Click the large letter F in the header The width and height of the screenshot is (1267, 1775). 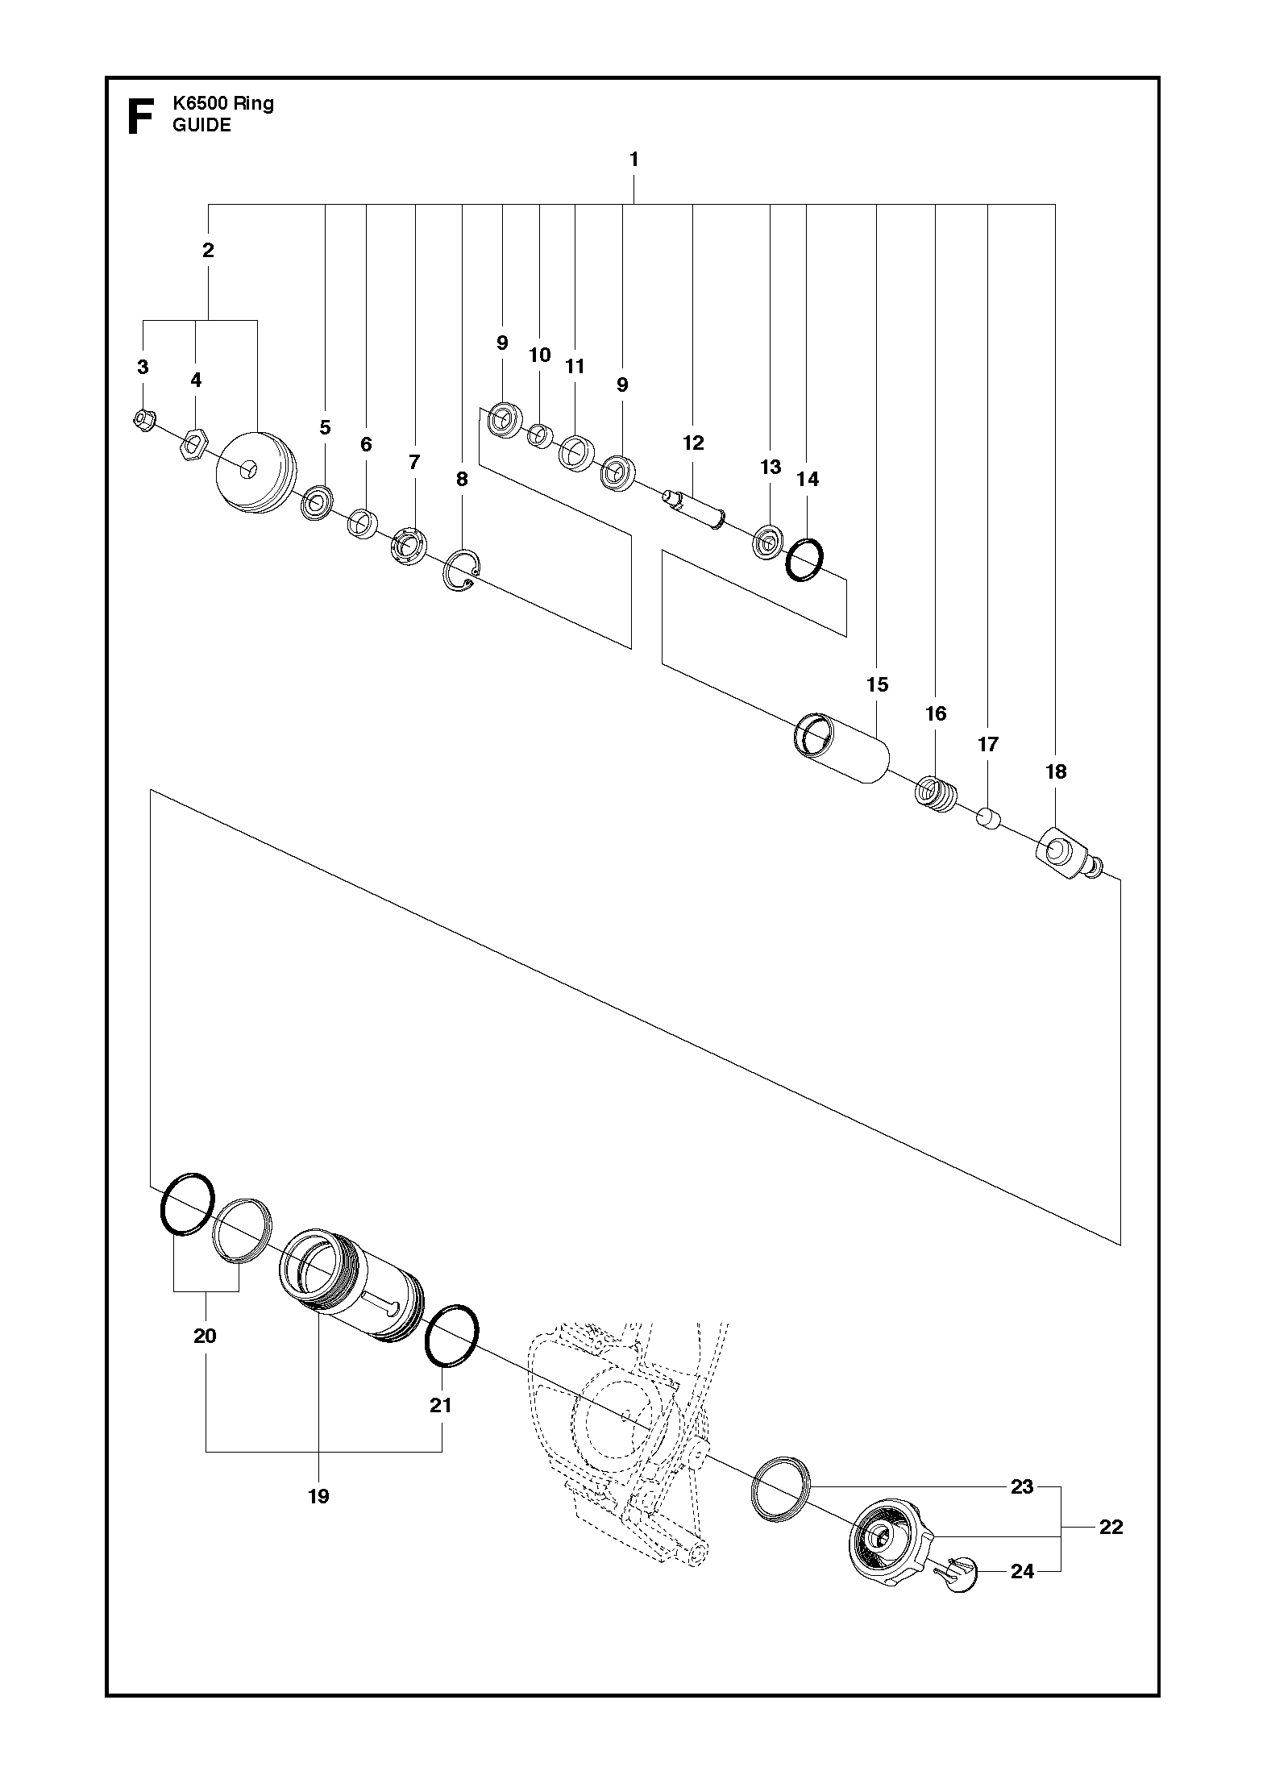tap(141, 117)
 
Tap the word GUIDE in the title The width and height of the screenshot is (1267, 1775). tap(201, 125)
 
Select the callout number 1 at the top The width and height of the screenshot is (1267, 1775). tap(634, 160)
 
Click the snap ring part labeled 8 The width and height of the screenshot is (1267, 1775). tap(463, 574)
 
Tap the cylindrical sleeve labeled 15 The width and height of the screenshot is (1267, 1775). tap(841, 748)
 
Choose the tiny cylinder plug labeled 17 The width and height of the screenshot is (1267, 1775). tap(988, 821)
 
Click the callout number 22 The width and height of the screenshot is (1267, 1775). tap(1111, 1527)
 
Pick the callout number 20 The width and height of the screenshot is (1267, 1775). tap(205, 1336)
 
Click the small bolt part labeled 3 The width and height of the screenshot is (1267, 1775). tap(143, 420)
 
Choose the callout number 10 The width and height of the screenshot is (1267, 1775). tap(539, 355)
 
